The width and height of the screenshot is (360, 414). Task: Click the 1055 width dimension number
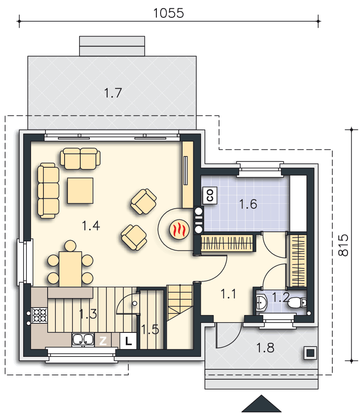point(168,13)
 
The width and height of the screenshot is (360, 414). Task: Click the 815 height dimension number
point(343,245)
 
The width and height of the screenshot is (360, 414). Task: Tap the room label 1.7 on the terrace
point(113,93)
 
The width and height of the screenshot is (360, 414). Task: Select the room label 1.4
point(91,226)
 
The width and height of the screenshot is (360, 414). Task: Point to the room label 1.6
point(248,204)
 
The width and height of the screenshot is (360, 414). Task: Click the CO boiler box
point(210,195)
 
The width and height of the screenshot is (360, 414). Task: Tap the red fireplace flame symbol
point(179,229)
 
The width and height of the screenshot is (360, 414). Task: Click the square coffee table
point(80,190)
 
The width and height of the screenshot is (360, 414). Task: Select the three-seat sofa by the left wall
point(48,190)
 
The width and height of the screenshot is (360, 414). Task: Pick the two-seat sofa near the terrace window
point(80,159)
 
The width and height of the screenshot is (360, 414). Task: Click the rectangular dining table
point(70,270)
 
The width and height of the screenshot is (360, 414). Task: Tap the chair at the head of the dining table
point(70,246)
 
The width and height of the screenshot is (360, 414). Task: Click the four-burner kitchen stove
point(40,315)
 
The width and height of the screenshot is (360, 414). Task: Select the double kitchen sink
point(83,339)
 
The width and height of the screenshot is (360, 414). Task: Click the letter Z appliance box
point(103,341)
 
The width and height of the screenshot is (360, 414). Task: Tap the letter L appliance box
point(128,341)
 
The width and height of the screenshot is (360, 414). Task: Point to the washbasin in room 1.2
point(262,303)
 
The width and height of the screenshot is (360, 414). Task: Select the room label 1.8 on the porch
point(265,348)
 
